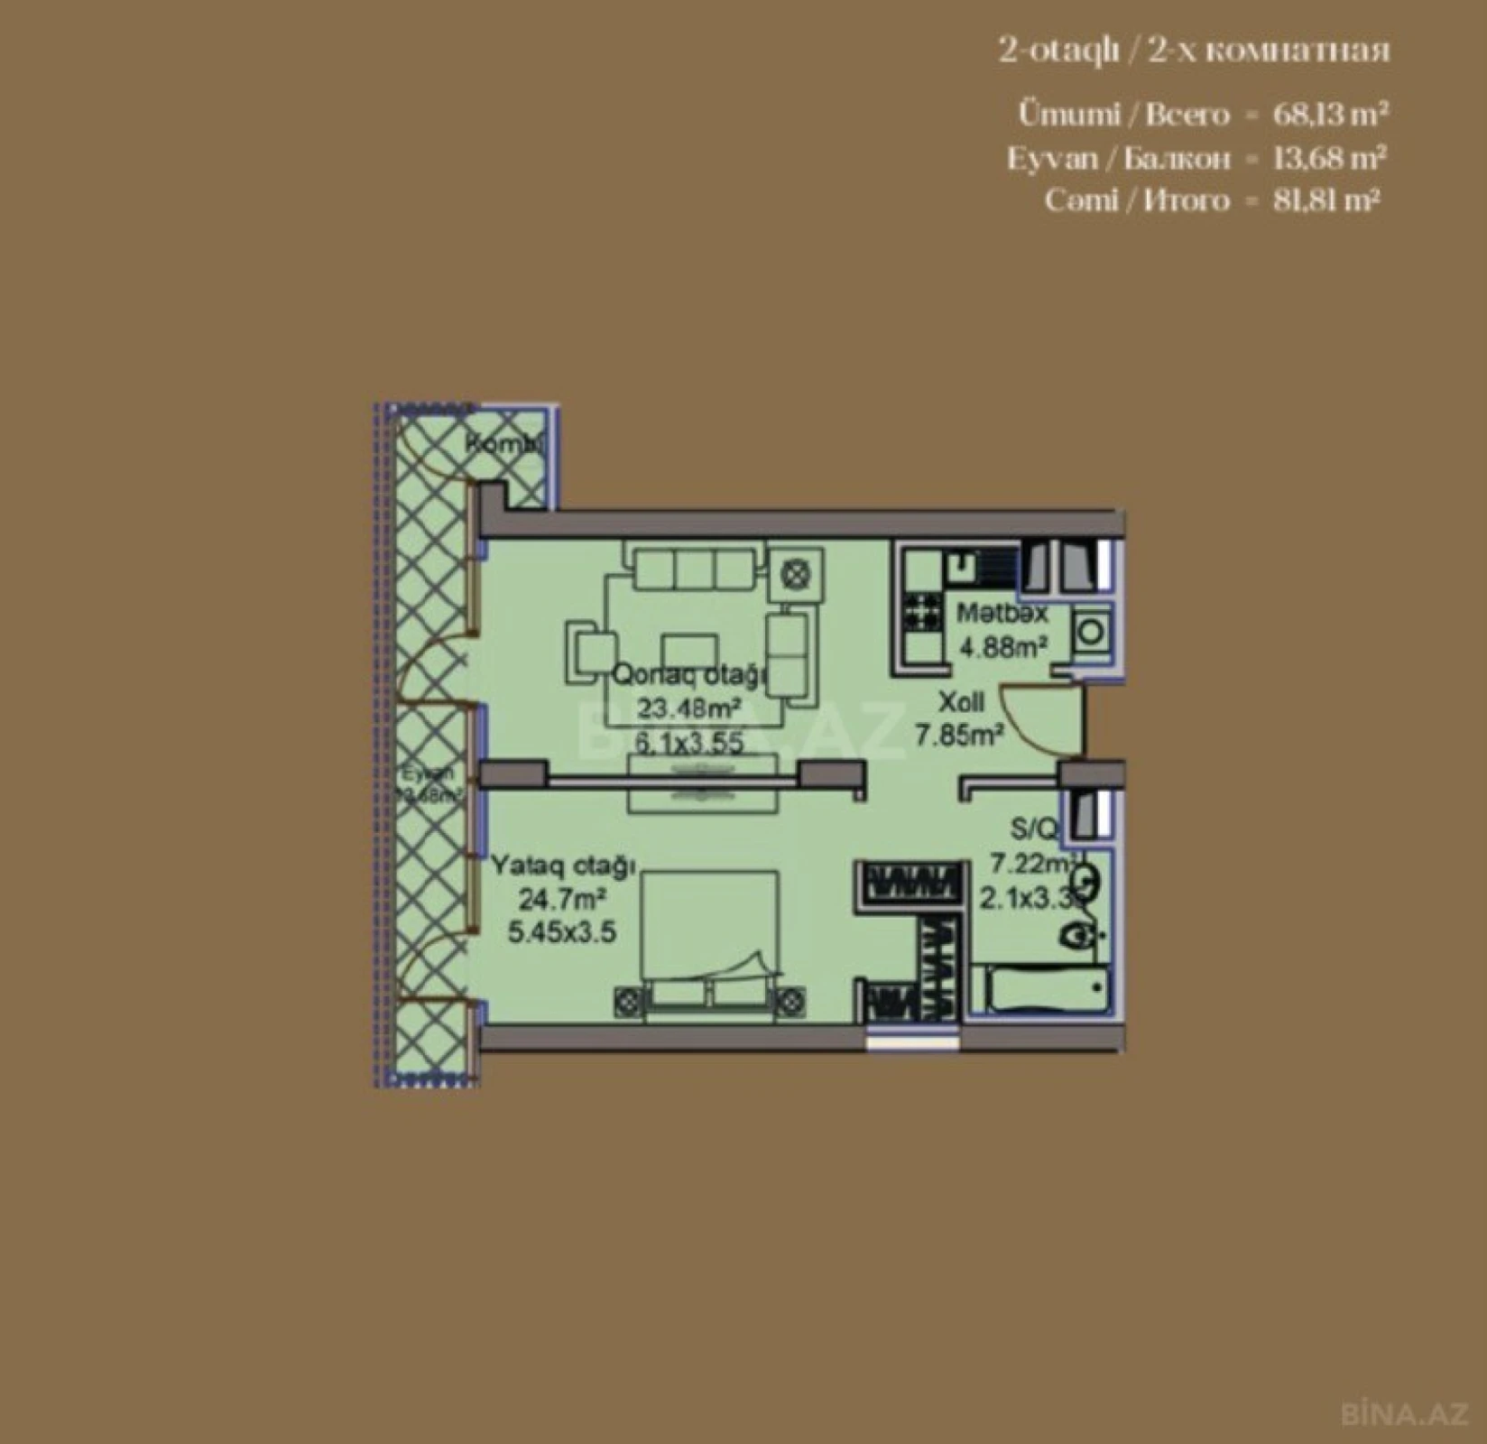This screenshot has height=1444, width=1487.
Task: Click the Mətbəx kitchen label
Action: coord(1002,614)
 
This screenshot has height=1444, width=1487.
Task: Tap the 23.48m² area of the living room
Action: coord(689,708)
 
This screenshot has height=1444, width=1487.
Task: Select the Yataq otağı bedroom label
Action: coord(564,866)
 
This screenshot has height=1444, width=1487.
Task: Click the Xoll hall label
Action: coord(961,702)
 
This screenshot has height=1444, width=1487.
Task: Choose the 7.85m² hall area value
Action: coord(960,736)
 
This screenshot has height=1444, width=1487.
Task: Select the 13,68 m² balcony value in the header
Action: coord(1330,159)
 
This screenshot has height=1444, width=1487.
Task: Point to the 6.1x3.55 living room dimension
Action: coord(689,744)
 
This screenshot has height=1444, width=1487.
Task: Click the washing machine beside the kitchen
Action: coord(1092,631)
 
